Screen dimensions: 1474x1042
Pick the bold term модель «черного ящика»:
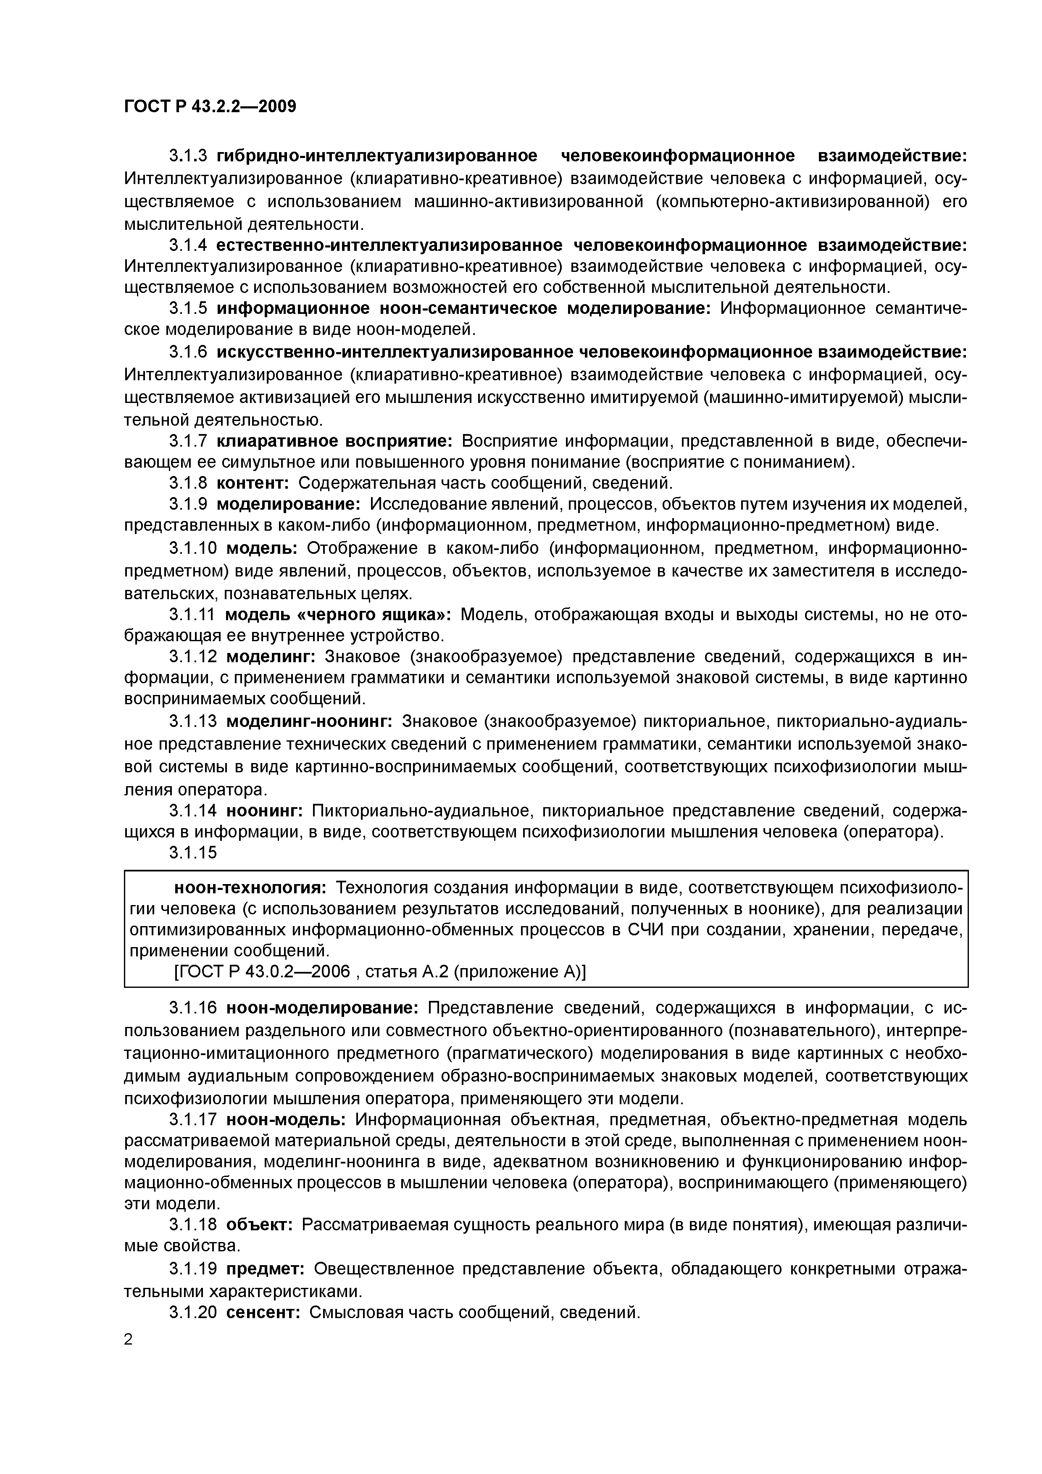point(338,614)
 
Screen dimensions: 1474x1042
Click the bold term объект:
point(259,1225)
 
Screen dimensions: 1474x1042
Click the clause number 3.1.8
point(188,483)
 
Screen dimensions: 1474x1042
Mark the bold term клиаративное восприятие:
point(334,441)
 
